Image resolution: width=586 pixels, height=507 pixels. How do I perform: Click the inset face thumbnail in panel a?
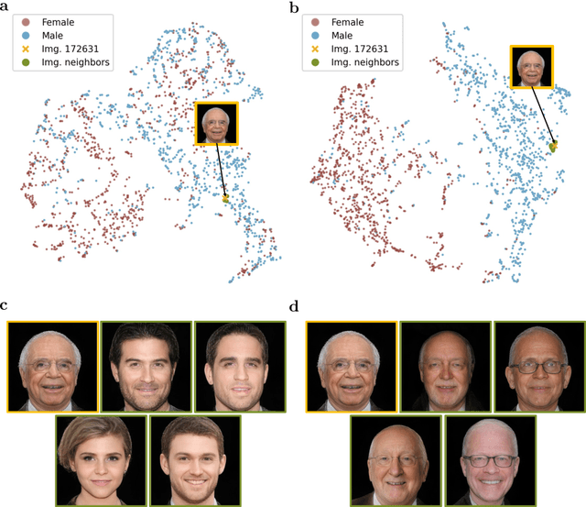coord(215,125)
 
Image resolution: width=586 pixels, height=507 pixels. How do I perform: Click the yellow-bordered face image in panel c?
coord(51,366)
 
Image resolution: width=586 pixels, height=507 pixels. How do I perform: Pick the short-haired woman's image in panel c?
coord(100,459)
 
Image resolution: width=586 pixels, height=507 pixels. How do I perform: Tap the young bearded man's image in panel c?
coord(193,459)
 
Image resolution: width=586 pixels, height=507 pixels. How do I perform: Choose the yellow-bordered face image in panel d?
coord(351,366)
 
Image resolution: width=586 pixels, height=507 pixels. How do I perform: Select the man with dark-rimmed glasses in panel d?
coord(538,366)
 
